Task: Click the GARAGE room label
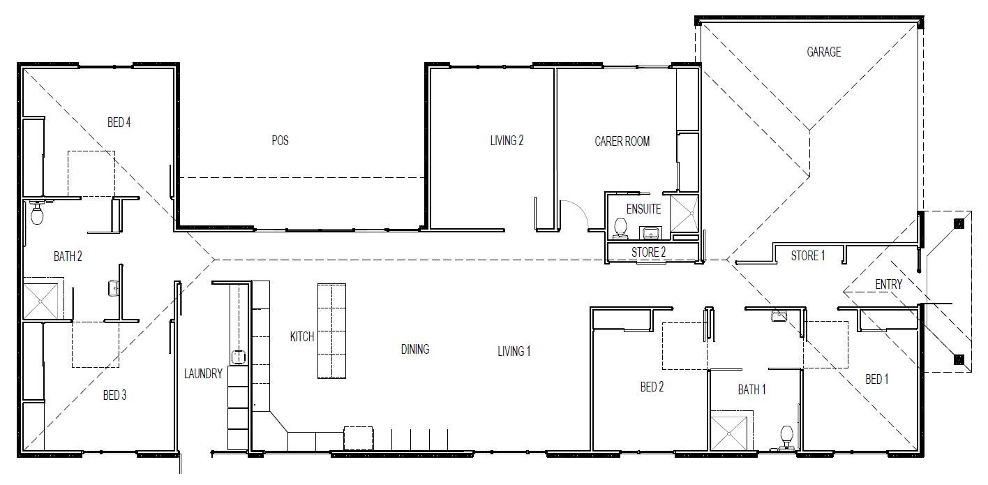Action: click(823, 52)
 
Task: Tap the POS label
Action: click(280, 141)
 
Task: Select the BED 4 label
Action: click(119, 123)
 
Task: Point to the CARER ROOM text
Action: click(622, 142)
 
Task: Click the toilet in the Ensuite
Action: click(620, 227)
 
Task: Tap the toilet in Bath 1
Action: click(786, 437)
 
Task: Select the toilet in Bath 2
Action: click(38, 213)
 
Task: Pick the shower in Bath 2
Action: click(43, 299)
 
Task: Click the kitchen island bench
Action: click(332, 331)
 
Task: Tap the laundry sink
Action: click(239, 357)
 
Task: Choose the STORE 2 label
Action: click(648, 253)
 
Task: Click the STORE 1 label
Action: click(807, 256)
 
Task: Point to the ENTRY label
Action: click(888, 285)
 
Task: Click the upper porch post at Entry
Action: click(958, 223)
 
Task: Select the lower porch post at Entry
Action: click(958, 360)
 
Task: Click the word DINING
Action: click(414, 350)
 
